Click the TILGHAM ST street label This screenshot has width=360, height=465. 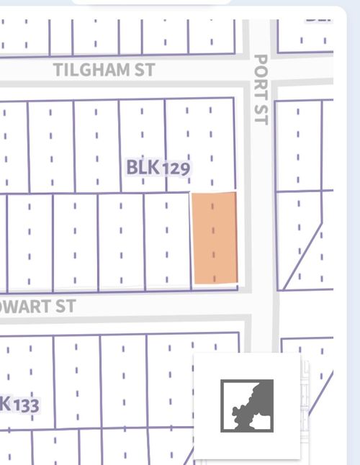click(x=104, y=71)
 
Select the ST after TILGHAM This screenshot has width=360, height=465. click(x=144, y=71)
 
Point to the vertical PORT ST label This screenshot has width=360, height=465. click(x=261, y=89)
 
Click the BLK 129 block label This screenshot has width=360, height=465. click(x=158, y=168)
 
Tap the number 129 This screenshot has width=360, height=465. click(x=176, y=168)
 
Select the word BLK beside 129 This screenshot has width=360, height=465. click(x=142, y=168)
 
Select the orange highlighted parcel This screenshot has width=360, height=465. click(x=215, y=238)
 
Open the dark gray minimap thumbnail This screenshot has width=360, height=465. click(x=247, y=405)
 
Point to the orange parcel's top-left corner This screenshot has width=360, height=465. click(x=192, y=193)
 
